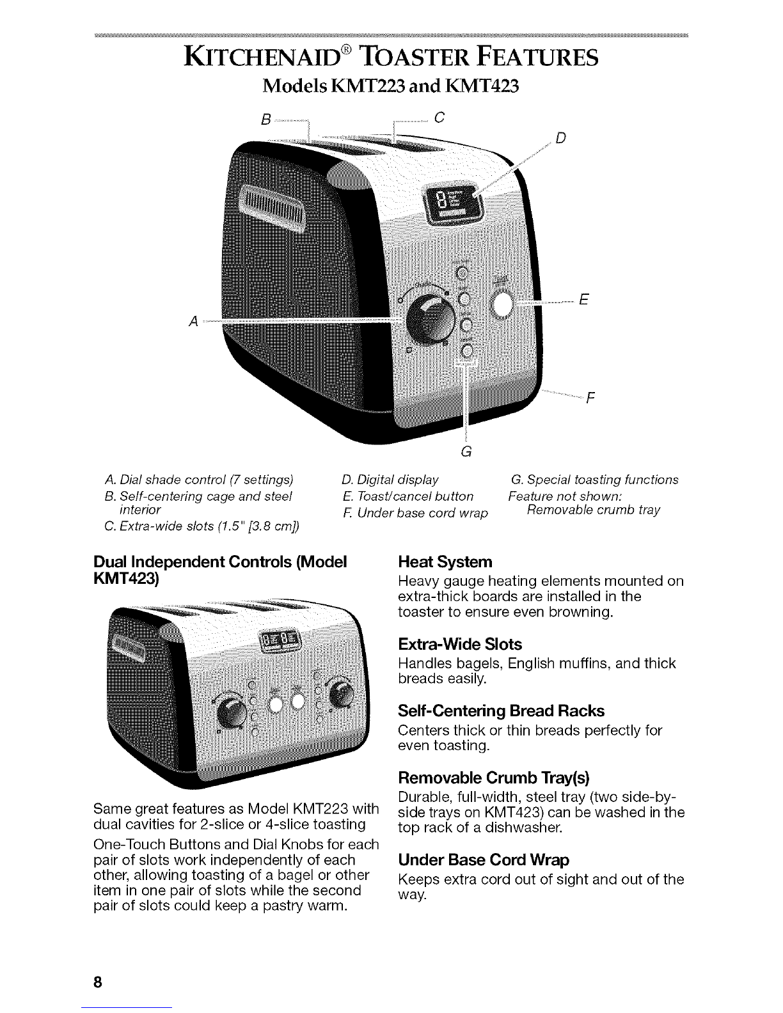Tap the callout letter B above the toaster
point(265,118)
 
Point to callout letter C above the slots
point(438,118)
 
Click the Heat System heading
point(445,562)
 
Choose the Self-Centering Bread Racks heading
point(501,711)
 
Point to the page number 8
point(99,964)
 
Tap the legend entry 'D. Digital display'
point(390,480)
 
